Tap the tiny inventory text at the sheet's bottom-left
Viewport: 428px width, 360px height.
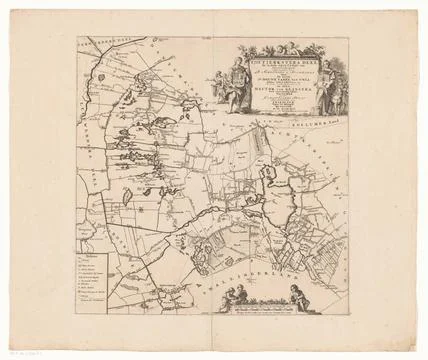(x=16, y=347)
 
